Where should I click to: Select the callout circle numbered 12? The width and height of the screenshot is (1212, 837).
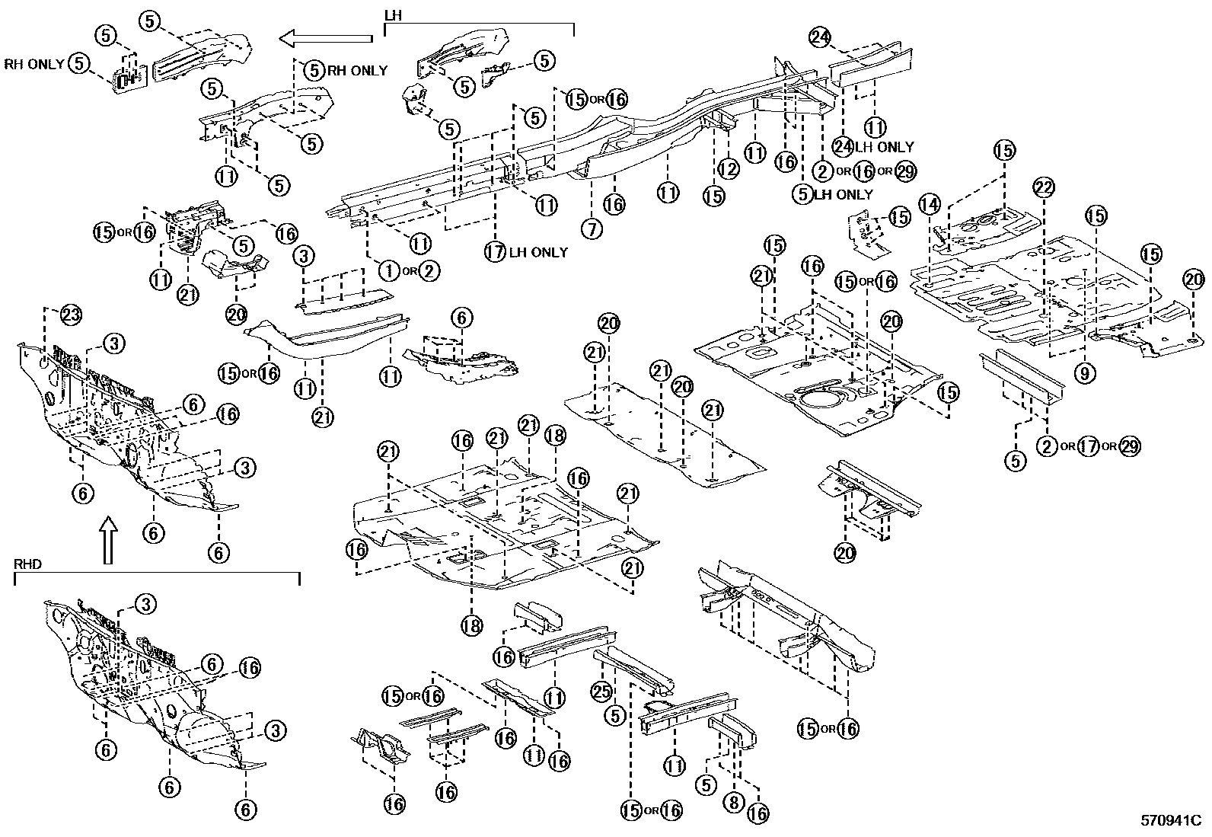pos(728,168)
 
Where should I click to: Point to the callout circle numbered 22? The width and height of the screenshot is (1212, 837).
pos(1044,187)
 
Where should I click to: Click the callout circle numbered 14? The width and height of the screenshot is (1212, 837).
pos(930,203)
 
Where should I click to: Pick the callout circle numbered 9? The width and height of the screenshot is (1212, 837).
pos(1085,372)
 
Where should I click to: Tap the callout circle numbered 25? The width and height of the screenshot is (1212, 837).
pos(601,692)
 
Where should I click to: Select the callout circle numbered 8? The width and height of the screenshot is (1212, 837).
pos(732,803)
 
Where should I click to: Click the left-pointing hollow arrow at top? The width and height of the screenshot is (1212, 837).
pos(325,37)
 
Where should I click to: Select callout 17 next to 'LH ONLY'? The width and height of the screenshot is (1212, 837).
pos(496,251)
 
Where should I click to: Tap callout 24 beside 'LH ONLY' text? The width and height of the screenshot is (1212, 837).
pos(842,146)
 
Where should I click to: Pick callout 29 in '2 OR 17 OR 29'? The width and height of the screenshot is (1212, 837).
pos(1129,446)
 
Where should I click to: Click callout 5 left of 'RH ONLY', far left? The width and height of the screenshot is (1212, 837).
pos(79,63)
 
